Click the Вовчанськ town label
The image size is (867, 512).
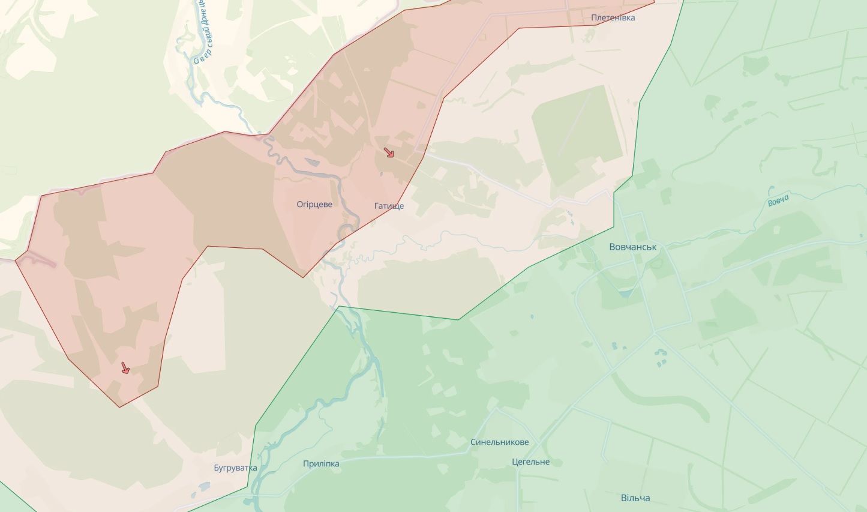[x=632, y=247]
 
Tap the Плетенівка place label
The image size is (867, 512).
[x=613, y=18]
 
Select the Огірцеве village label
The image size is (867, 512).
[x=314, y=205]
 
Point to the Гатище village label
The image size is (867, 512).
[x=389, y=206]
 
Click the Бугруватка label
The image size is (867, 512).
[x=235, y=468]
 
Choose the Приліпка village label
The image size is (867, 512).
[x=321, y=464]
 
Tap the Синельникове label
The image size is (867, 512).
[x=499, y=442]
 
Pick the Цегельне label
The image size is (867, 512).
[x=530, y=462]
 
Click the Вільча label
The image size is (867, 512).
[x=635, y=498]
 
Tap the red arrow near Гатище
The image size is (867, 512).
[x=389, y=153]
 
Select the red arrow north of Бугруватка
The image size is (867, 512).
[x=125, y=368]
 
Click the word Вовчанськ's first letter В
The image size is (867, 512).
[x=612, y=247]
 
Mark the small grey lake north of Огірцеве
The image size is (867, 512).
[x=312, y=162]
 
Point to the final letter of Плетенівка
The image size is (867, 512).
[x=632, y=18]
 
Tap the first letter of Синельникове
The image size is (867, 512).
[x=473, y=442]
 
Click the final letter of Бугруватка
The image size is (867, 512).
[x=254, y=468]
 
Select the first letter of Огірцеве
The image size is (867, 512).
[x=299, y=205]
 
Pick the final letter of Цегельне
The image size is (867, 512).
[x=547, y=462]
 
